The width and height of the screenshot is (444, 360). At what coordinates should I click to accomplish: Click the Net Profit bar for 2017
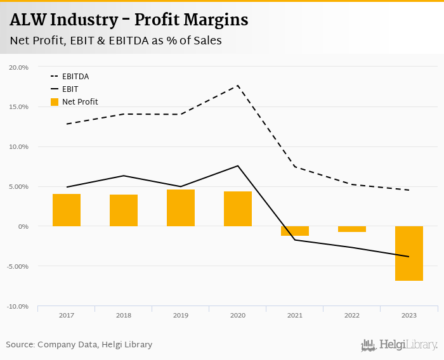pos(67,210)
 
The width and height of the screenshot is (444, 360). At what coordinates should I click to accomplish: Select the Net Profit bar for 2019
pos(181,208)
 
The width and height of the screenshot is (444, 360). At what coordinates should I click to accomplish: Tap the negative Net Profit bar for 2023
pos(409,253)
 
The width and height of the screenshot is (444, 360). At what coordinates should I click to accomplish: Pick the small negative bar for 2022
pos(352,229)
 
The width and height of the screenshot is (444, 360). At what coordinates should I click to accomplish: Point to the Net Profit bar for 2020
pos(238,209)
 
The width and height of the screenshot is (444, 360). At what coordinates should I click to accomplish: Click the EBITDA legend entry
pos(75,77)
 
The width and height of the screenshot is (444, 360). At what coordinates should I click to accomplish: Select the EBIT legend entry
pos(70,89)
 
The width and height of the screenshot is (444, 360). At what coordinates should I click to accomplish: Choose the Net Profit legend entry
pos(79,102)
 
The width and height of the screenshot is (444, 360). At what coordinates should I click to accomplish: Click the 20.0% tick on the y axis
pos(19,67)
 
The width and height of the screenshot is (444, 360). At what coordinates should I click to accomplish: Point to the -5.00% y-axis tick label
pos(18,266)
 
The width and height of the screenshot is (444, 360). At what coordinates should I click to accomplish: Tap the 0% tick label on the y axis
pos(23,226)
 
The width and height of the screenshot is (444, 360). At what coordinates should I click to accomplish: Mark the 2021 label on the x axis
pos(295,315)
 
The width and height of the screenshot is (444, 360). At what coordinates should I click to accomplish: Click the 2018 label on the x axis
pos(124,315)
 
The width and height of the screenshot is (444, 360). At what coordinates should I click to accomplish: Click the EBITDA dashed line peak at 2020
pos(238,86)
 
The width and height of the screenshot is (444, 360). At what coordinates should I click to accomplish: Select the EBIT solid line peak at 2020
pos(238,166)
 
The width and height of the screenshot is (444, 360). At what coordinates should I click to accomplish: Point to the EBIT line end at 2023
pos(409,257)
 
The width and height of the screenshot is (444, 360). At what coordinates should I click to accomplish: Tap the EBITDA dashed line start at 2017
pos(67,124)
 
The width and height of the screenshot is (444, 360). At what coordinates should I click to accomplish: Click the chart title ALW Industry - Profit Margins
pos(129,20)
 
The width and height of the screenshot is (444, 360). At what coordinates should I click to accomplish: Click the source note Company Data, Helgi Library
pos(79,345)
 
